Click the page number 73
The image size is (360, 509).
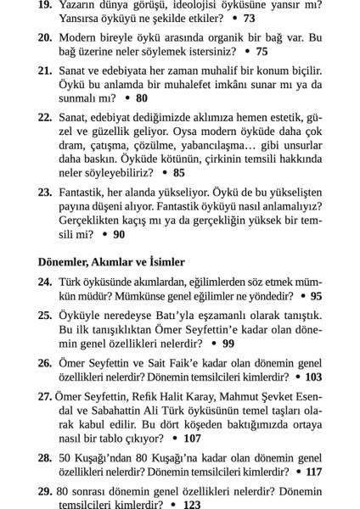pyautogui.click(x=249, y=17)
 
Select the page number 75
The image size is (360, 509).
pyautogui.click(x=262, y=52)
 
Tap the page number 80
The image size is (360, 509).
pyautogui.click(x=141, y=98)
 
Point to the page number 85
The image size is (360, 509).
pyautogui.click(x=178, y=172)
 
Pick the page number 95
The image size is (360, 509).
pyautogui.click(x=316, y=296)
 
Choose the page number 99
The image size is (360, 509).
pyautogui.click(x=228, y=344)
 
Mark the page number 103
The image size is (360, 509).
pyautogui.click(x=313, y=376)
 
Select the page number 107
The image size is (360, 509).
pyautogui.click(x=192, y=439)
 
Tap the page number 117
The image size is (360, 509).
pyautogui.click(x=313, y=472)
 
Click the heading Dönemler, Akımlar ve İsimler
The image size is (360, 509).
pyautogui.click(x=111, y=262)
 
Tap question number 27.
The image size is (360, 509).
pyautogui.click(x=45, y=394)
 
